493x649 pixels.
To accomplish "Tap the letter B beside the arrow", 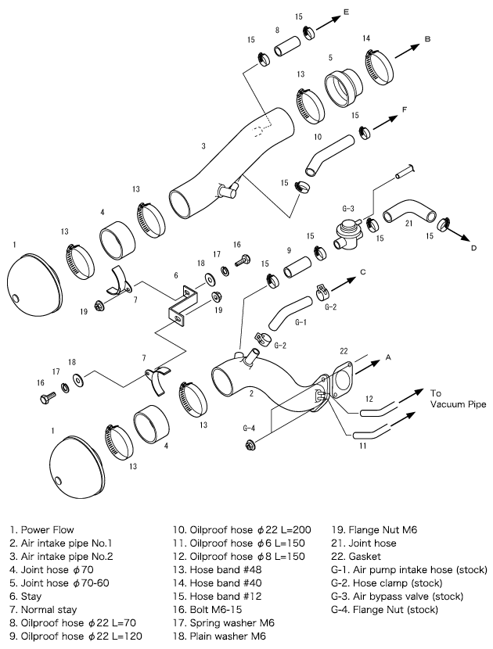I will point(427,38).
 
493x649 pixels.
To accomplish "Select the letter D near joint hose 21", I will point(473,248).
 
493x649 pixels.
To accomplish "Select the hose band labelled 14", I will point(376,64).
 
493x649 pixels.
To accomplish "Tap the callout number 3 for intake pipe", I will point(203,145).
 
